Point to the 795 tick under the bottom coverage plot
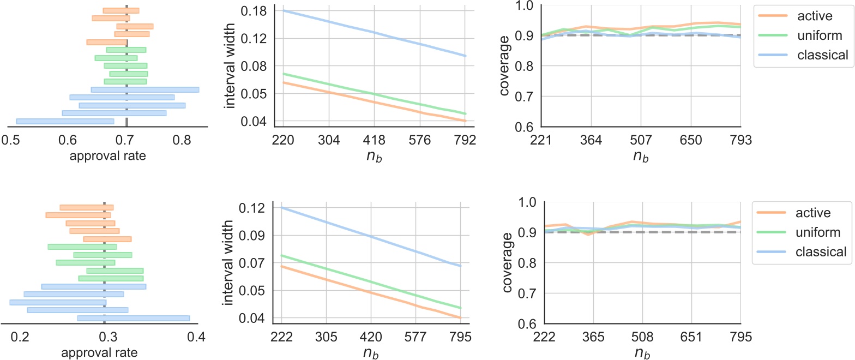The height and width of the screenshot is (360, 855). [x=740, y=337]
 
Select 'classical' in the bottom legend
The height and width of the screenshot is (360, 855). [x=819, y=251]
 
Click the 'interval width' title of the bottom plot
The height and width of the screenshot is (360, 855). [x=230, y=263]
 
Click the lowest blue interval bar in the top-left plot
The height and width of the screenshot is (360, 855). [x=65, y=121]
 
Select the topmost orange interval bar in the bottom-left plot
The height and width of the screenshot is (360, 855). [x=86, y=207]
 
